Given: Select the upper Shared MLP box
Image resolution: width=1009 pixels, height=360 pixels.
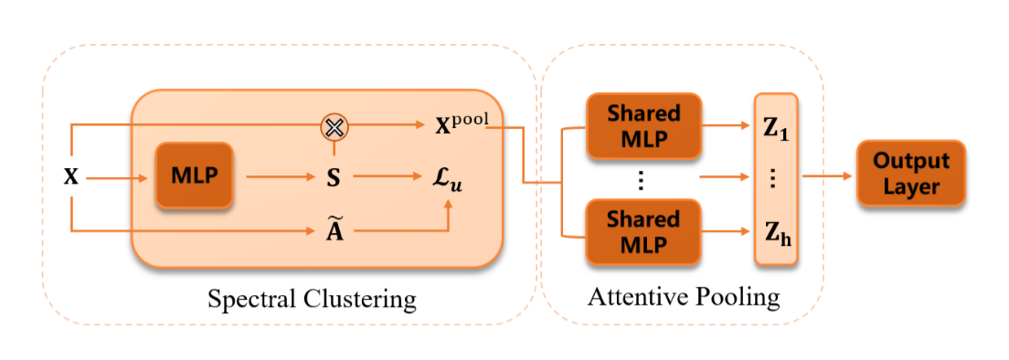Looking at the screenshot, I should (x=643, y=126).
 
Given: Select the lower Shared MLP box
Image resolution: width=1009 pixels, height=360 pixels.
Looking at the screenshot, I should (x=643, y=232).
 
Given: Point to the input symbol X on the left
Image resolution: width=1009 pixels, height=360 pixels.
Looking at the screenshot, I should (x=70, y=177).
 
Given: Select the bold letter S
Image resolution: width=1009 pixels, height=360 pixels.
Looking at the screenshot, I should (x=334, y=177).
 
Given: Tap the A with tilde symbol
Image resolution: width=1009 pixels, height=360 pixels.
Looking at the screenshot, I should (x=334, y=229).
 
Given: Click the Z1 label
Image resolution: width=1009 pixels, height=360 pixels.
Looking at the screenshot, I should (x=774, y=129).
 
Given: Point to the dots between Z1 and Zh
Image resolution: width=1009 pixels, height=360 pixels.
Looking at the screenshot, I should (x=774, y=179).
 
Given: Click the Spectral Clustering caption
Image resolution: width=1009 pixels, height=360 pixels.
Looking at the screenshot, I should (x=312, y=299).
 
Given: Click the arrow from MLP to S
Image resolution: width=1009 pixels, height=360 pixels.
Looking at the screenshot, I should (x=280, y=177).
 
